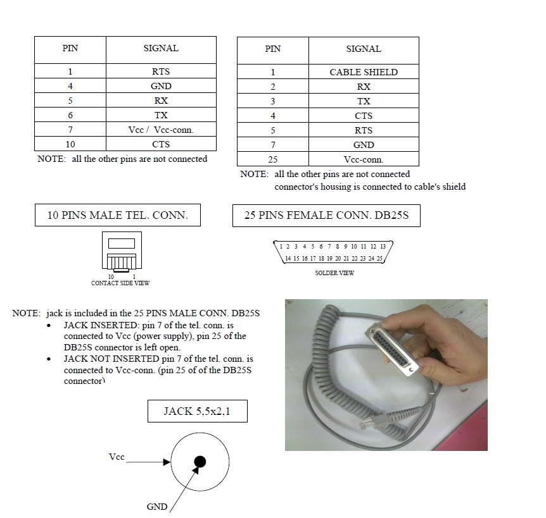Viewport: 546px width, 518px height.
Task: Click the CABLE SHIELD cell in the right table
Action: point(364,72)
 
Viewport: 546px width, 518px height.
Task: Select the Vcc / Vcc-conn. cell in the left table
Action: point(161,130)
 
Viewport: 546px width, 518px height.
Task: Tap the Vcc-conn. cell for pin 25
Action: point(364,159)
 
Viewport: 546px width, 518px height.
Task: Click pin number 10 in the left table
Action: point(70,144)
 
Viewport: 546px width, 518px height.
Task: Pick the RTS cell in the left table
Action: point(161,71)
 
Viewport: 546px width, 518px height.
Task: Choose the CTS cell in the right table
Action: point(364,116)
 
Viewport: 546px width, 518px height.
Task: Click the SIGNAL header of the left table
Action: point(161,48)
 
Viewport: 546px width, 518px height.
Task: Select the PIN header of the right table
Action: point(273,49)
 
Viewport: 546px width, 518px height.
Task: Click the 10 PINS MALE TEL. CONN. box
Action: point(118,215)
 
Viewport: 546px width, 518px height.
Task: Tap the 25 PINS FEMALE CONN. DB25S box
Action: point(326,215)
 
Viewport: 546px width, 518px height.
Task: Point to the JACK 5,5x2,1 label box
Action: point(197,411)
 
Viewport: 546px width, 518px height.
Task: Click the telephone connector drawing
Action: point(122,253)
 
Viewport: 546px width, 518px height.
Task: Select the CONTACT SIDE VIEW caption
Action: point(120,283)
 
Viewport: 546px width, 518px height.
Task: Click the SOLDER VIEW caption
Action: point(334,273)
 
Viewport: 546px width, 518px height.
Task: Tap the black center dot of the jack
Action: point(200,462)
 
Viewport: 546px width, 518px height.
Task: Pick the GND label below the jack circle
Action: point(157,506)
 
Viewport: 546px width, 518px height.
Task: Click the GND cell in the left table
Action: point(161,86)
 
